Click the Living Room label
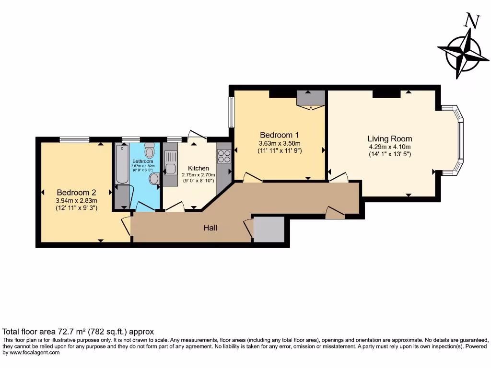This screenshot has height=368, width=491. click(x=390, y=138)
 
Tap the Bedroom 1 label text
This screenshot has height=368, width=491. click(x=280, y=135)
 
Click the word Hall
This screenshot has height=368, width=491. click(x=210, y=228)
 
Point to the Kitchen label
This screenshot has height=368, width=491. click(x=198, y=168)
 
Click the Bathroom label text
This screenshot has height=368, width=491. click(x=142, y=161)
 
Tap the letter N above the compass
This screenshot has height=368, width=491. click(x=472, y=21)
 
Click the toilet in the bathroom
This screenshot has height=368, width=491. click(x=150, y=150)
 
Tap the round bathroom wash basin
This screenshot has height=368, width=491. click(x=154, y=179)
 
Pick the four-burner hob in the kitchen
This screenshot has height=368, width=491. click(x=223, y=156)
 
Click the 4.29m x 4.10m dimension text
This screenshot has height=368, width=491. click(x=389, y=147)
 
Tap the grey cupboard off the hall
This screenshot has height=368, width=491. click(x=269, y=229)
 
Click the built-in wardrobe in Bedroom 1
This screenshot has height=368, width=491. click(x=310, y=98)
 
